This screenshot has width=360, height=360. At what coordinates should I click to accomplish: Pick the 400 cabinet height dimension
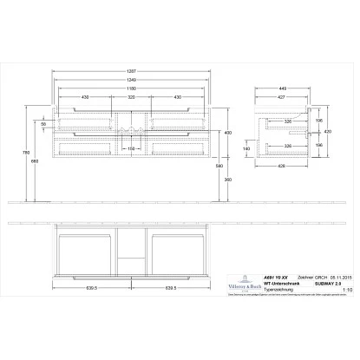pyautogui.click(x=227, y=133)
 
